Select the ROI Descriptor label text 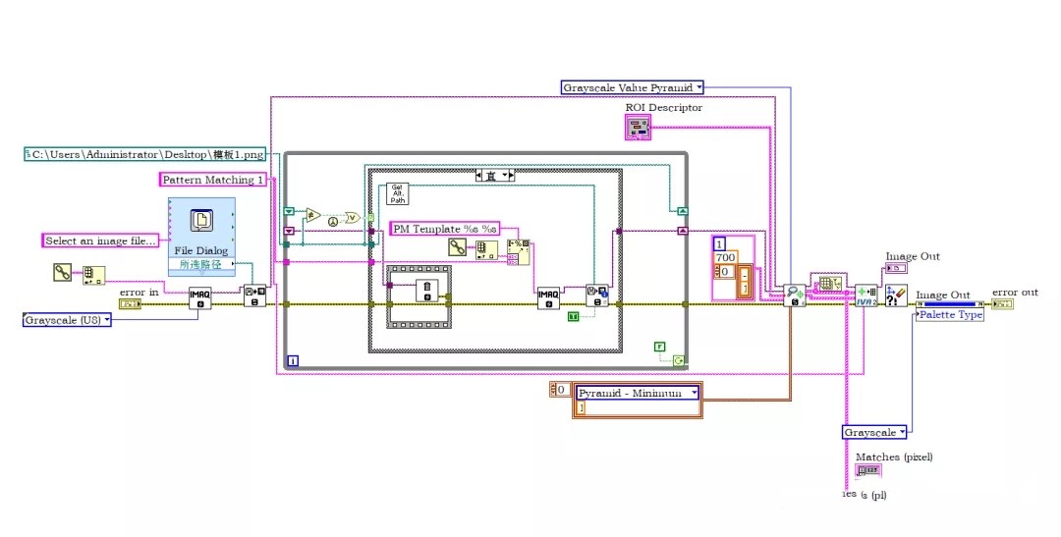663,108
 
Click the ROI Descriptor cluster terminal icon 638,127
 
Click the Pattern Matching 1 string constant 213,180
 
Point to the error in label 139,292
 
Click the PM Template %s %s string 445,229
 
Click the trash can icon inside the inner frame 426,290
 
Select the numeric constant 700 725,257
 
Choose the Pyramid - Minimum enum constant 639,393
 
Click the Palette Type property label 950,315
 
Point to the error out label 1015,293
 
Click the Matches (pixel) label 893,456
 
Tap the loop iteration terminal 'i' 293,361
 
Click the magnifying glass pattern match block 794,294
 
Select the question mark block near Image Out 895,295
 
